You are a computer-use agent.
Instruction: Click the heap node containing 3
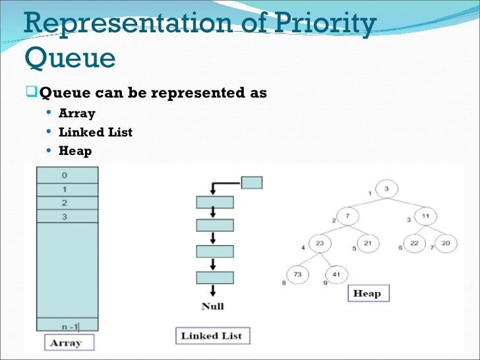click(x=387, y=190)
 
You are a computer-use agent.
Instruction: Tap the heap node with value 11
click(x=425, y=216)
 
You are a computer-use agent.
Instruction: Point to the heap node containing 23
click(x=320, y=244)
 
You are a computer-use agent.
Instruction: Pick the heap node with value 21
click(x=367, y=244)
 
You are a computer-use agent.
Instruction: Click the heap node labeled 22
click(x=414, y=244)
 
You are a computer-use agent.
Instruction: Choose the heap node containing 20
click(x=446, y=244)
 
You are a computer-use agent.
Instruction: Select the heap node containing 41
click(x=336, y=274)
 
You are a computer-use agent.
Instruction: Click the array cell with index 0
click(x=64, y=175)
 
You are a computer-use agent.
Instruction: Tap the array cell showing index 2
click(x=64, y=203)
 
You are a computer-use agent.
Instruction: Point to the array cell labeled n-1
click(x=64, y=325)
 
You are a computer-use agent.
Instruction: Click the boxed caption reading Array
click(x=65, y=343)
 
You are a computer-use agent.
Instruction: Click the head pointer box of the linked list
click(x=252, y=182)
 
